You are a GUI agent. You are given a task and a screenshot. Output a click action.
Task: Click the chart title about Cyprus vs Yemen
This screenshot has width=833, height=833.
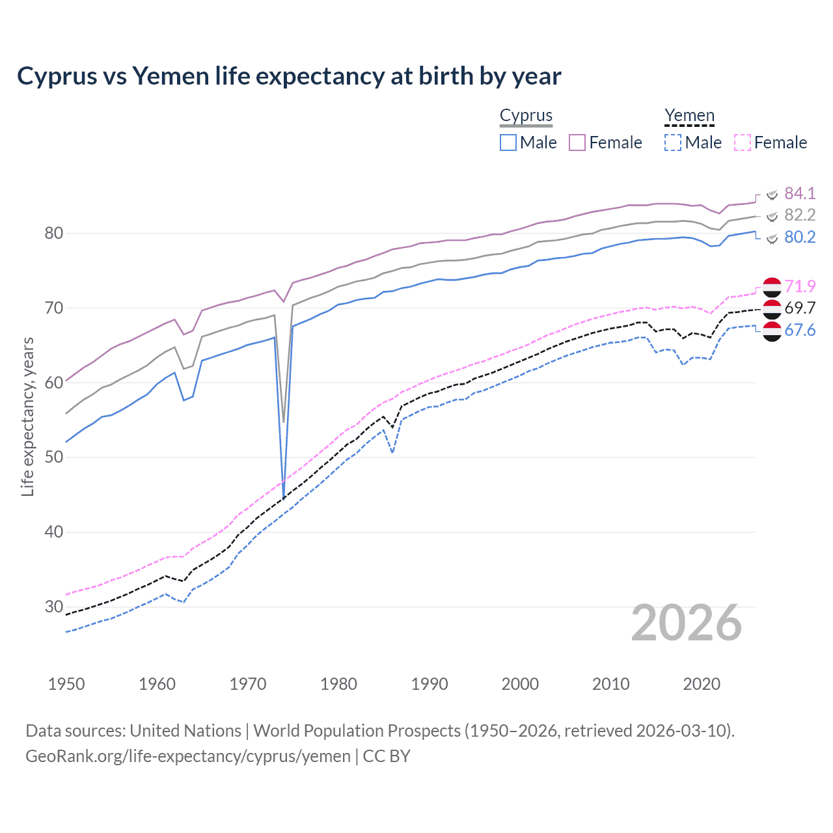tap(289, 76)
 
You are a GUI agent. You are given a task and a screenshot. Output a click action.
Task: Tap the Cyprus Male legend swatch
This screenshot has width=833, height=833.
tap(508, 143)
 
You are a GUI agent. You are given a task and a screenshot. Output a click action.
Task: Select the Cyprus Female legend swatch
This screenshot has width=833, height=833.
tap(577, 143)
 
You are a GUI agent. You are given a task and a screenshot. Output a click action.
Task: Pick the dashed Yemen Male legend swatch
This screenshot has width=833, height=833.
tap(673, 143)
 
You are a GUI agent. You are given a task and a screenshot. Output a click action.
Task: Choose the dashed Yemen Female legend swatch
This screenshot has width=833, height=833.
tap(743, 143)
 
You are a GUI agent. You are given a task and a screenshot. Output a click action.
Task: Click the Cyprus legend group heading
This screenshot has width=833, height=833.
tap(526, 115)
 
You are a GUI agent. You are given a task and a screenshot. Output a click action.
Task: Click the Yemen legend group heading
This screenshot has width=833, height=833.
tap(689, 115)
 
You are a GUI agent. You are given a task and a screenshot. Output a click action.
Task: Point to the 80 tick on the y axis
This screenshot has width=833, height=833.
tap(53, 233)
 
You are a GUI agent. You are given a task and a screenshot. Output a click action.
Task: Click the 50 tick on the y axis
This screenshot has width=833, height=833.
tap(53, 457)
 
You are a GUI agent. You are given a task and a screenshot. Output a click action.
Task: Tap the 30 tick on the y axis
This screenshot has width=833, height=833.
tap(53, 607)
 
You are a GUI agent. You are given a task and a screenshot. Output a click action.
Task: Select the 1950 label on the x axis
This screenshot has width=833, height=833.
tap(66, 684)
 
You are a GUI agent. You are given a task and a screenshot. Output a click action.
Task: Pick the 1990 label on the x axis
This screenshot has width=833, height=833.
tap(430, 684)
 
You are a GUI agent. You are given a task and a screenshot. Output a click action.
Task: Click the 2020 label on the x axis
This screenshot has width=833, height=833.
tap(702, 684)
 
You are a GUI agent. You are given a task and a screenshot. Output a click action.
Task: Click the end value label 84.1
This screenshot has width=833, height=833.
tap(799, 193)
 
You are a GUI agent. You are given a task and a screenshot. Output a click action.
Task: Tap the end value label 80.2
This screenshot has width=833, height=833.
tap(799, 237)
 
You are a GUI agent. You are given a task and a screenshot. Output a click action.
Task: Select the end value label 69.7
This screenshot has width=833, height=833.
tap(799, 308)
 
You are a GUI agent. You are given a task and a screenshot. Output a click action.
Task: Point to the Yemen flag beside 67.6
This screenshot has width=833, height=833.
tap(772, 331)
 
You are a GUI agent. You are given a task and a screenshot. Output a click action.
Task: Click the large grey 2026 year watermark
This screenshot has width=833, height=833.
tap(686, 623)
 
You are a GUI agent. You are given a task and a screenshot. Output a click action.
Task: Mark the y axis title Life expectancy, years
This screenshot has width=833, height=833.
tap(27, 416)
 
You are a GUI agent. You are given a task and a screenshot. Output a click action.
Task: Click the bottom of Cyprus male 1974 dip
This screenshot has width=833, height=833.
tap(284, 498)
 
